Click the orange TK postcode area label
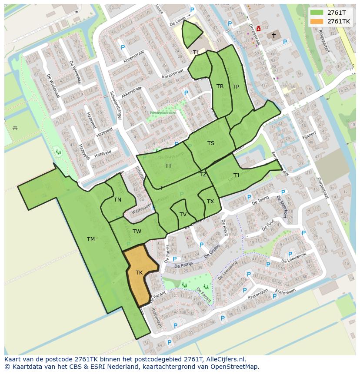coord(139,273)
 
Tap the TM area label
coord(91,239)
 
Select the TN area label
coord(117,200)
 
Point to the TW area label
coord(137,232)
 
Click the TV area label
coord(183,215)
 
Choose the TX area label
coord(210,202)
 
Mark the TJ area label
coord(236,175)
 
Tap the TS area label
coord(211,143)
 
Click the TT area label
coord(168,166)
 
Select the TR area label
coord(220,86)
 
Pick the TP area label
coord(236,87)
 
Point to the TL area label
coord(196,53)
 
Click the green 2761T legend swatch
coord(317,12)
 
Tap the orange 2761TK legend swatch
coord(317,21)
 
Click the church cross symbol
coord(274,35)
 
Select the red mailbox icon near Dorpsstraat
coord(259,29)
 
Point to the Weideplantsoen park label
coord(163,113)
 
